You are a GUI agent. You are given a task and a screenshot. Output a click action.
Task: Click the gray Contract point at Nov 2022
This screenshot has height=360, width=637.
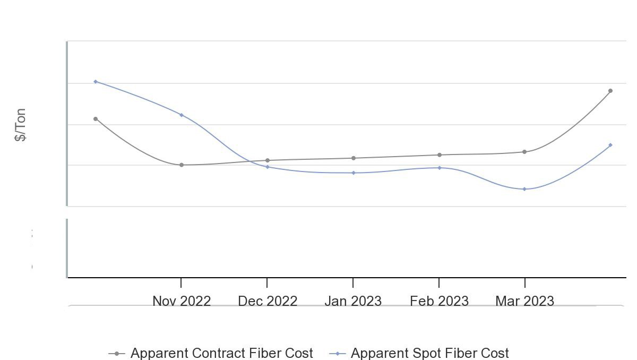182,165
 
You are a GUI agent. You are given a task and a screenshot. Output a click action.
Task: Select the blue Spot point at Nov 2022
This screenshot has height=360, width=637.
182,115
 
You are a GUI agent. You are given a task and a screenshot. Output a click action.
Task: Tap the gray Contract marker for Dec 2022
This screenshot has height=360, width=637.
268,160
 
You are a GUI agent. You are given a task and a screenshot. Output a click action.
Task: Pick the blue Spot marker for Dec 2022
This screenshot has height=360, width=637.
268,167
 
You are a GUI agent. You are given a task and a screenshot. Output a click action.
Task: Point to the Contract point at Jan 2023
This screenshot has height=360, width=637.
354,158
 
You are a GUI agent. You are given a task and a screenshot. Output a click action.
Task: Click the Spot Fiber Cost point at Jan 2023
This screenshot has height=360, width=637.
354,173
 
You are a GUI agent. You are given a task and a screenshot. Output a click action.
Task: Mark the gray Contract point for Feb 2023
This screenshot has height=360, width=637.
440,155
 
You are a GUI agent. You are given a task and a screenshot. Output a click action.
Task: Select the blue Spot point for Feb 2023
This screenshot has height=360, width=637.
440,168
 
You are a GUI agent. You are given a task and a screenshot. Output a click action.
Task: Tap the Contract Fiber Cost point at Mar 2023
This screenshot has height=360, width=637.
524,152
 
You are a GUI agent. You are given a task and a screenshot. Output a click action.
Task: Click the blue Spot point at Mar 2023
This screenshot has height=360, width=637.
524,189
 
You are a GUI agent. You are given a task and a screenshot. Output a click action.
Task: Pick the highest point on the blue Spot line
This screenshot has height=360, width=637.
96,82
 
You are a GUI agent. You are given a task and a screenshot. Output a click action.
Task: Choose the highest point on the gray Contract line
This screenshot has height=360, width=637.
610,91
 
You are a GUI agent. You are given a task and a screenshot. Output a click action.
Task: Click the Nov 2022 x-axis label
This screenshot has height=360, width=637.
182,301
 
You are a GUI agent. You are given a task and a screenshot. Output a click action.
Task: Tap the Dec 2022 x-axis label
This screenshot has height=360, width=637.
268,301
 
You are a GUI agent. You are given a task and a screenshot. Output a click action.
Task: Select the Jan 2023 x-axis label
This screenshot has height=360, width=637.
353,301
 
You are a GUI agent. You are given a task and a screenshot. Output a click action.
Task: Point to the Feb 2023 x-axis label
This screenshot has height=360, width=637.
439,301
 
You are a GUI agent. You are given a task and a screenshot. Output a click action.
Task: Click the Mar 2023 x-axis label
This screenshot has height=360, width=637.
524,301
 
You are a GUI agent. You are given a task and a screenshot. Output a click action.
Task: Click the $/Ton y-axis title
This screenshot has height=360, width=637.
20,125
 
